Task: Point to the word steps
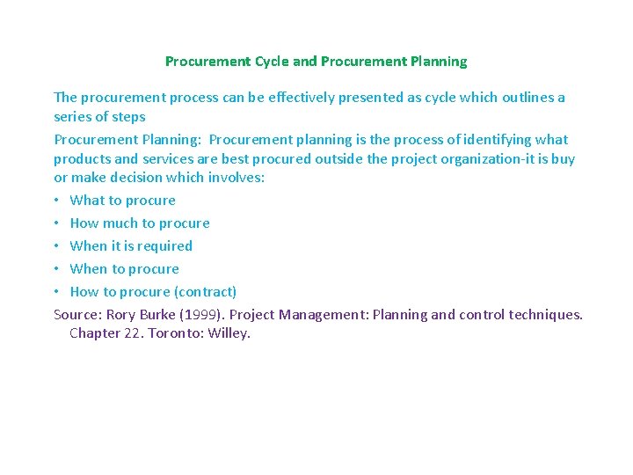(x=127, y=117)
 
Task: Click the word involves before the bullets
(x=236, y=178)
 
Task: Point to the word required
(x=164, y=246)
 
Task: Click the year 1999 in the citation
(x=200, y=315)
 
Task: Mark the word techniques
(x=545, y=315)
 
